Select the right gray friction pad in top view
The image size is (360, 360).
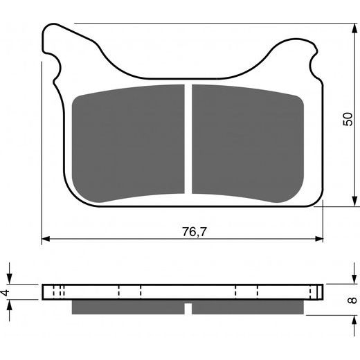[247, 142]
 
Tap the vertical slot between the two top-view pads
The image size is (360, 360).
[188, 138]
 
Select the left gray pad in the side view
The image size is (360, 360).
[128, 306]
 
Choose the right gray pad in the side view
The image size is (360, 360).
[247, 306]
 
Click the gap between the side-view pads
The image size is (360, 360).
[188, 306]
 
